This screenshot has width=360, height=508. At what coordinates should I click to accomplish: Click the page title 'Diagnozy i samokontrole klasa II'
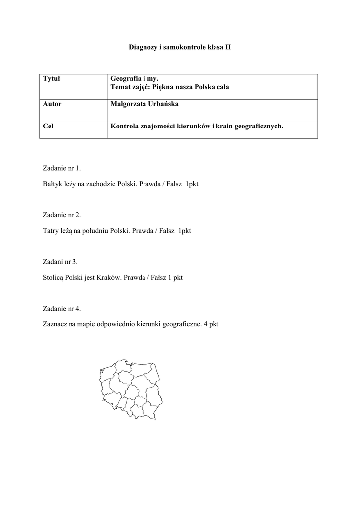[180, 47]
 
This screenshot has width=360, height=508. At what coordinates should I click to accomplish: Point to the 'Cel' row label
[48, 127]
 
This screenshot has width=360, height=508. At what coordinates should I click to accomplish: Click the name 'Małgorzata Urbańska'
[142, 104]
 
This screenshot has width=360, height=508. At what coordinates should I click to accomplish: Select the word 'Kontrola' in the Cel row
[125, 127]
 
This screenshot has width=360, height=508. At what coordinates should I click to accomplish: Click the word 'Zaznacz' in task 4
[56, 324]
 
